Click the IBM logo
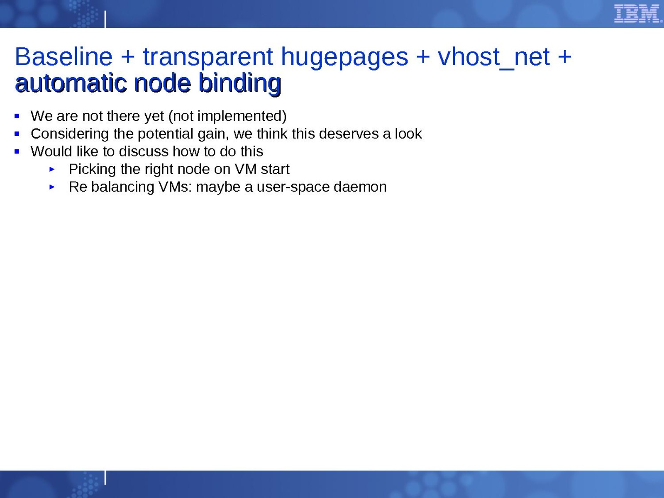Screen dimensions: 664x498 point(638,14)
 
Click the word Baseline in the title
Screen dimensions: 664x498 point(63,57)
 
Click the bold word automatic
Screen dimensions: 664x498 point(71,83)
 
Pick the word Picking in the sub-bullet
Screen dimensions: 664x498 point(92,169)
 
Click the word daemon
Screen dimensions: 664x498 point(360,187)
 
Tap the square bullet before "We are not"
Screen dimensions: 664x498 point(17,116)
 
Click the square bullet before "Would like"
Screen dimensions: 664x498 point(17,151)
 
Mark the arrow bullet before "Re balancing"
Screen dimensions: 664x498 point(52,187)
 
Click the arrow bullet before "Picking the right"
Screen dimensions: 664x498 point(52,169)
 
